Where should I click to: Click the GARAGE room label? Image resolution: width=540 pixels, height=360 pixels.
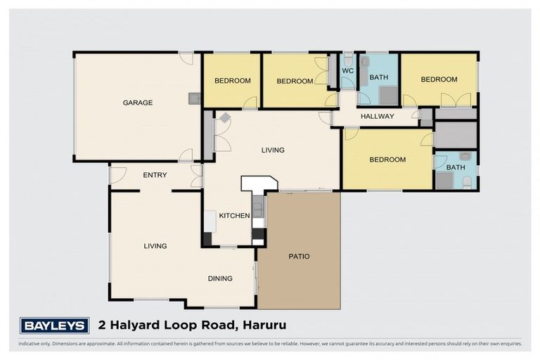click(x=138, y=103)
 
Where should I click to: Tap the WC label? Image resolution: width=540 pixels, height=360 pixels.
click(x=347, y=71)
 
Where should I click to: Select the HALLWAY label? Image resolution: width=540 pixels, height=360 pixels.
click(x=378, y=116)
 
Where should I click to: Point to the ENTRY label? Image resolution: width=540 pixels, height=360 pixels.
click(x=155, y=175)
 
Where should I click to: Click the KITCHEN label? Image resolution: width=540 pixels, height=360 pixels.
click(x=234, y=215)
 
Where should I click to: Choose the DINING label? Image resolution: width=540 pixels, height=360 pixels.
click(x=220, y=278)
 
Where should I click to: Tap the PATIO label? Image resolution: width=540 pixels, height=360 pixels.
click(x=299, y=256)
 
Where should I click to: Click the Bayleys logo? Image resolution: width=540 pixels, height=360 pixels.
click(x=54, y=326)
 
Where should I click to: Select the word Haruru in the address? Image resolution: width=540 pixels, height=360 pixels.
click(x=266, y=325)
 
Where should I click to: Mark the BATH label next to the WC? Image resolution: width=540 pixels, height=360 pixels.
click(x=379, y=77)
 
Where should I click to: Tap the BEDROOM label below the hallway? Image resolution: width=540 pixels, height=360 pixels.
click(x=387, y=160)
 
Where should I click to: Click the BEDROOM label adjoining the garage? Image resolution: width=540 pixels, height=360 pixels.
click(x=233, y=81)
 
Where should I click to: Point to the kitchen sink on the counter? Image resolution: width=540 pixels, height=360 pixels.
click(x=258, y=208)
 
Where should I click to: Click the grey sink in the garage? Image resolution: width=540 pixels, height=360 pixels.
click(x=193, y=99)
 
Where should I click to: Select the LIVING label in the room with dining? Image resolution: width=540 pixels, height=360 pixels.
click(x=155, y=246)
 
